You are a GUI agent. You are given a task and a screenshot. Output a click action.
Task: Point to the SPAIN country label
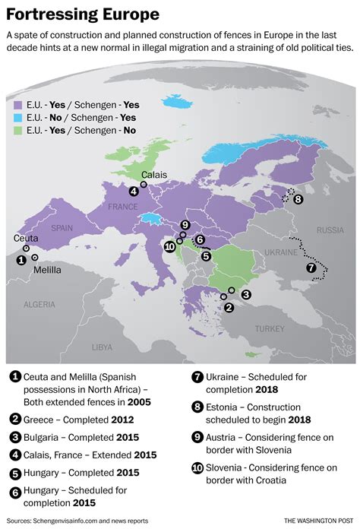pos(62,227)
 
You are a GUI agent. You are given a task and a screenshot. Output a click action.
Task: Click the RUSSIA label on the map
pos(330,230)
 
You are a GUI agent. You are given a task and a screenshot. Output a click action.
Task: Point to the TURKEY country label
pos(269,328)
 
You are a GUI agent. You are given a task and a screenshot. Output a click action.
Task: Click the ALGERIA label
pos(39,304)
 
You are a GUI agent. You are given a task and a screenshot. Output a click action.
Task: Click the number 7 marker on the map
pos(310,268)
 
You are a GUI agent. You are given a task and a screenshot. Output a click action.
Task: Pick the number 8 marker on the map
pos(298,199)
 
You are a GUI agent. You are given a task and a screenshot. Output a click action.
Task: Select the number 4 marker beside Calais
pos(134,192)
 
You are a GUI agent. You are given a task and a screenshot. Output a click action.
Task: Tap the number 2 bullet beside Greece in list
pos(15,419)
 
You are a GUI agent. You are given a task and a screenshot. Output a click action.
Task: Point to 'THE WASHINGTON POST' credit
pos(317,520)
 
